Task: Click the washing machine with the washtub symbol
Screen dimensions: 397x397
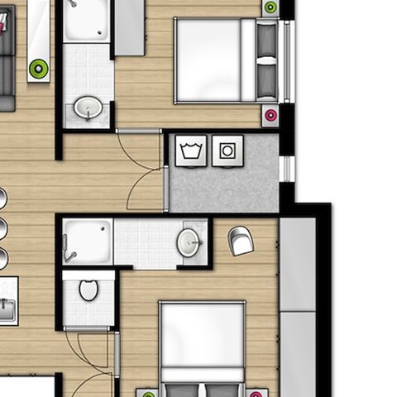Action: (193, 151)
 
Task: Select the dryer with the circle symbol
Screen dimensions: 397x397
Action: (227, 151)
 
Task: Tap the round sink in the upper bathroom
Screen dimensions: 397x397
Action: (88, 108)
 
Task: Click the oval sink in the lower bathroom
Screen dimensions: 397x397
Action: (189, 242)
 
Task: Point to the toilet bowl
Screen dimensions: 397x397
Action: (88, 290)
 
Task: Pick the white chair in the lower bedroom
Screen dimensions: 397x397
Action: (242, 241)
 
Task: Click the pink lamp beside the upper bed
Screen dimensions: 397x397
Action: (270, 117)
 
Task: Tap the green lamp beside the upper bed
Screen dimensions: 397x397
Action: (270, 7)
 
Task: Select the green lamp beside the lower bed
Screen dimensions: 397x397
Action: (149, 393)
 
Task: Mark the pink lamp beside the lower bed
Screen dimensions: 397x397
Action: (257, 393)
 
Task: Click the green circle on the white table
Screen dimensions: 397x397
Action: (37, 68)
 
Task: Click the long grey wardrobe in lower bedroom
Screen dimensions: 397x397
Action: (298, 306)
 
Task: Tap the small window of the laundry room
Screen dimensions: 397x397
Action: (287, 169)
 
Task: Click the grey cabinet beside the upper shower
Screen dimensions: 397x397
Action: (129, 26)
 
